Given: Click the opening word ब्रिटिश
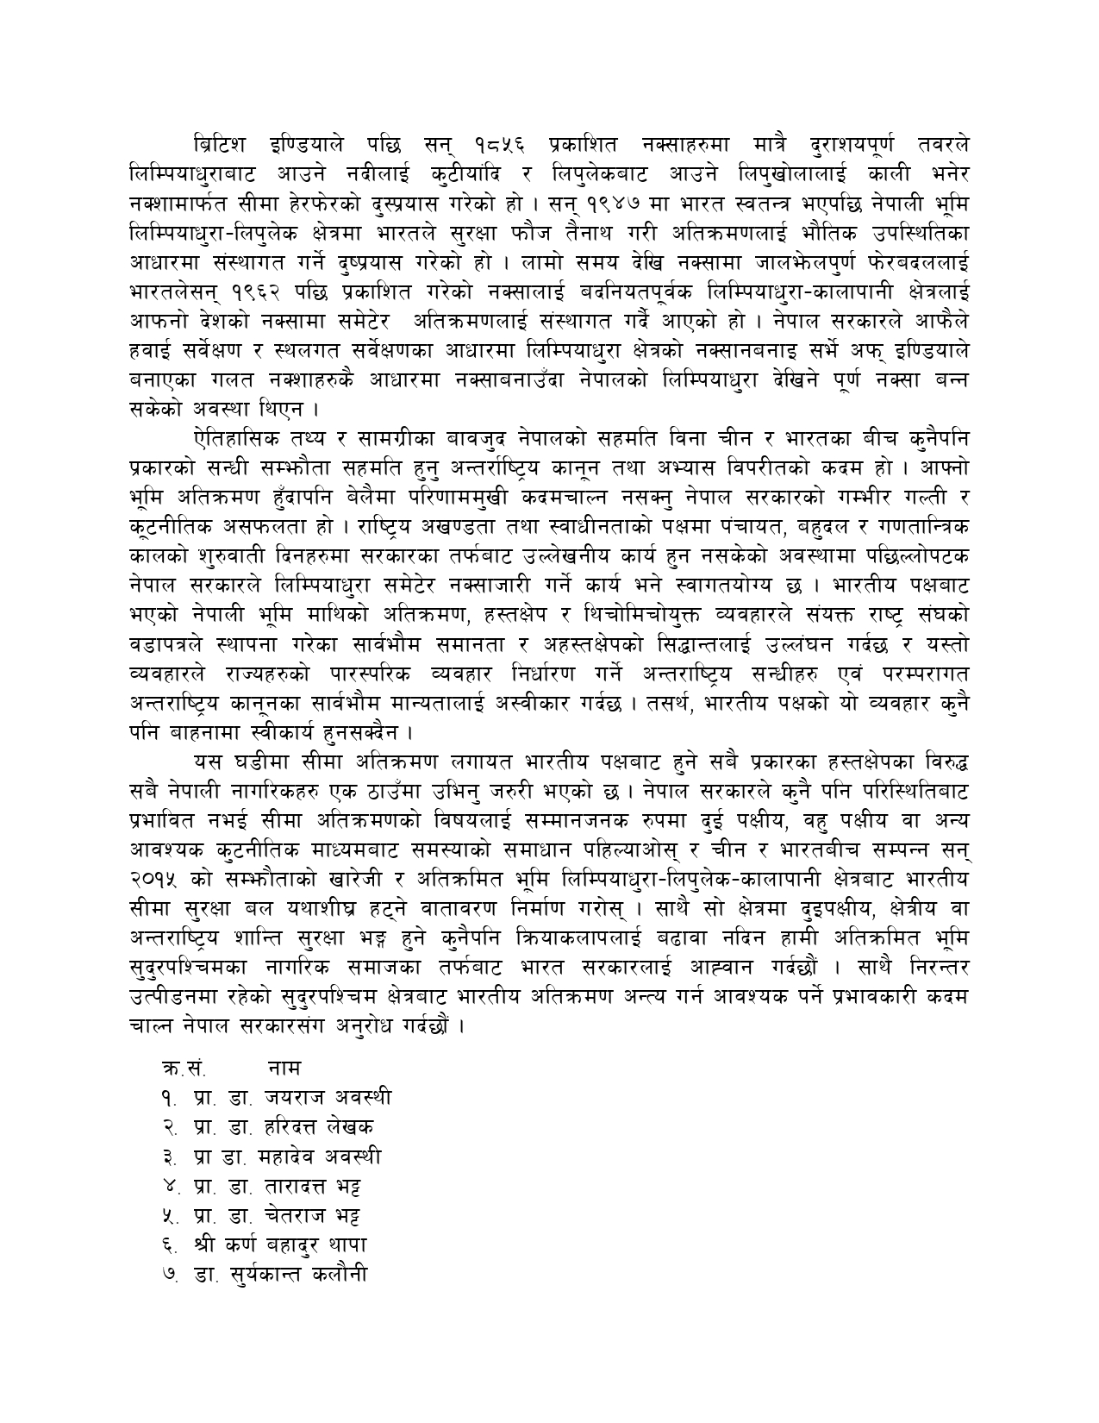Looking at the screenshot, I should point(219,141).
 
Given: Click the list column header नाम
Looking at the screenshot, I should point(284,1068).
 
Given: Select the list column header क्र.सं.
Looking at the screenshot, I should point(183,1068).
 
